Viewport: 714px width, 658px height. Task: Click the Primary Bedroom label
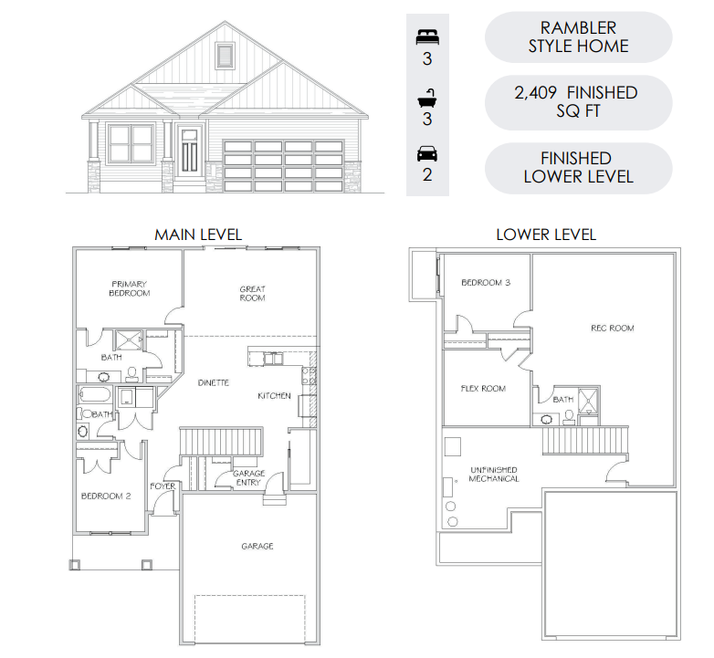[130, 288]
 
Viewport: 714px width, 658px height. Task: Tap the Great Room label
[252, 294]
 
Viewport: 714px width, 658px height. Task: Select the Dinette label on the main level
[213, 382]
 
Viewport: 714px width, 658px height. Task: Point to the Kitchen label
[274, 396]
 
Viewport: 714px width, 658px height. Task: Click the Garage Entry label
[248, 478]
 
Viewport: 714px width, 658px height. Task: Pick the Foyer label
[163, 486]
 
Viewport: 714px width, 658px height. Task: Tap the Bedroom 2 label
[106, 496]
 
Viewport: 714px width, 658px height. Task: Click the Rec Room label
[613, 329]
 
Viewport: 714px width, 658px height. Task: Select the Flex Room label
[483, 389]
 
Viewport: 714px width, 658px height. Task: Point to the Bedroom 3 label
[486, 283]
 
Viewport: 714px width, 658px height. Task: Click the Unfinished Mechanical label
[494, 475]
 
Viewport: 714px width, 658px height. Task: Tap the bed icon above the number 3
[427, 37]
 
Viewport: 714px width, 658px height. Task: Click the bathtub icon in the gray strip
[427, 99]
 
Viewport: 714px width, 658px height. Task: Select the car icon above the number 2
[427, 154]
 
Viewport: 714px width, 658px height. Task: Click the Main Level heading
[198, 235]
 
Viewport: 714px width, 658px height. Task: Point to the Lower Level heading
[546, 235]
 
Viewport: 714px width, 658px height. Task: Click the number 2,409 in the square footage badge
[535, 93]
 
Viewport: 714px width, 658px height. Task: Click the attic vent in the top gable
[225, 56]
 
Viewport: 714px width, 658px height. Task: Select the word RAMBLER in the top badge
[578, 27]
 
